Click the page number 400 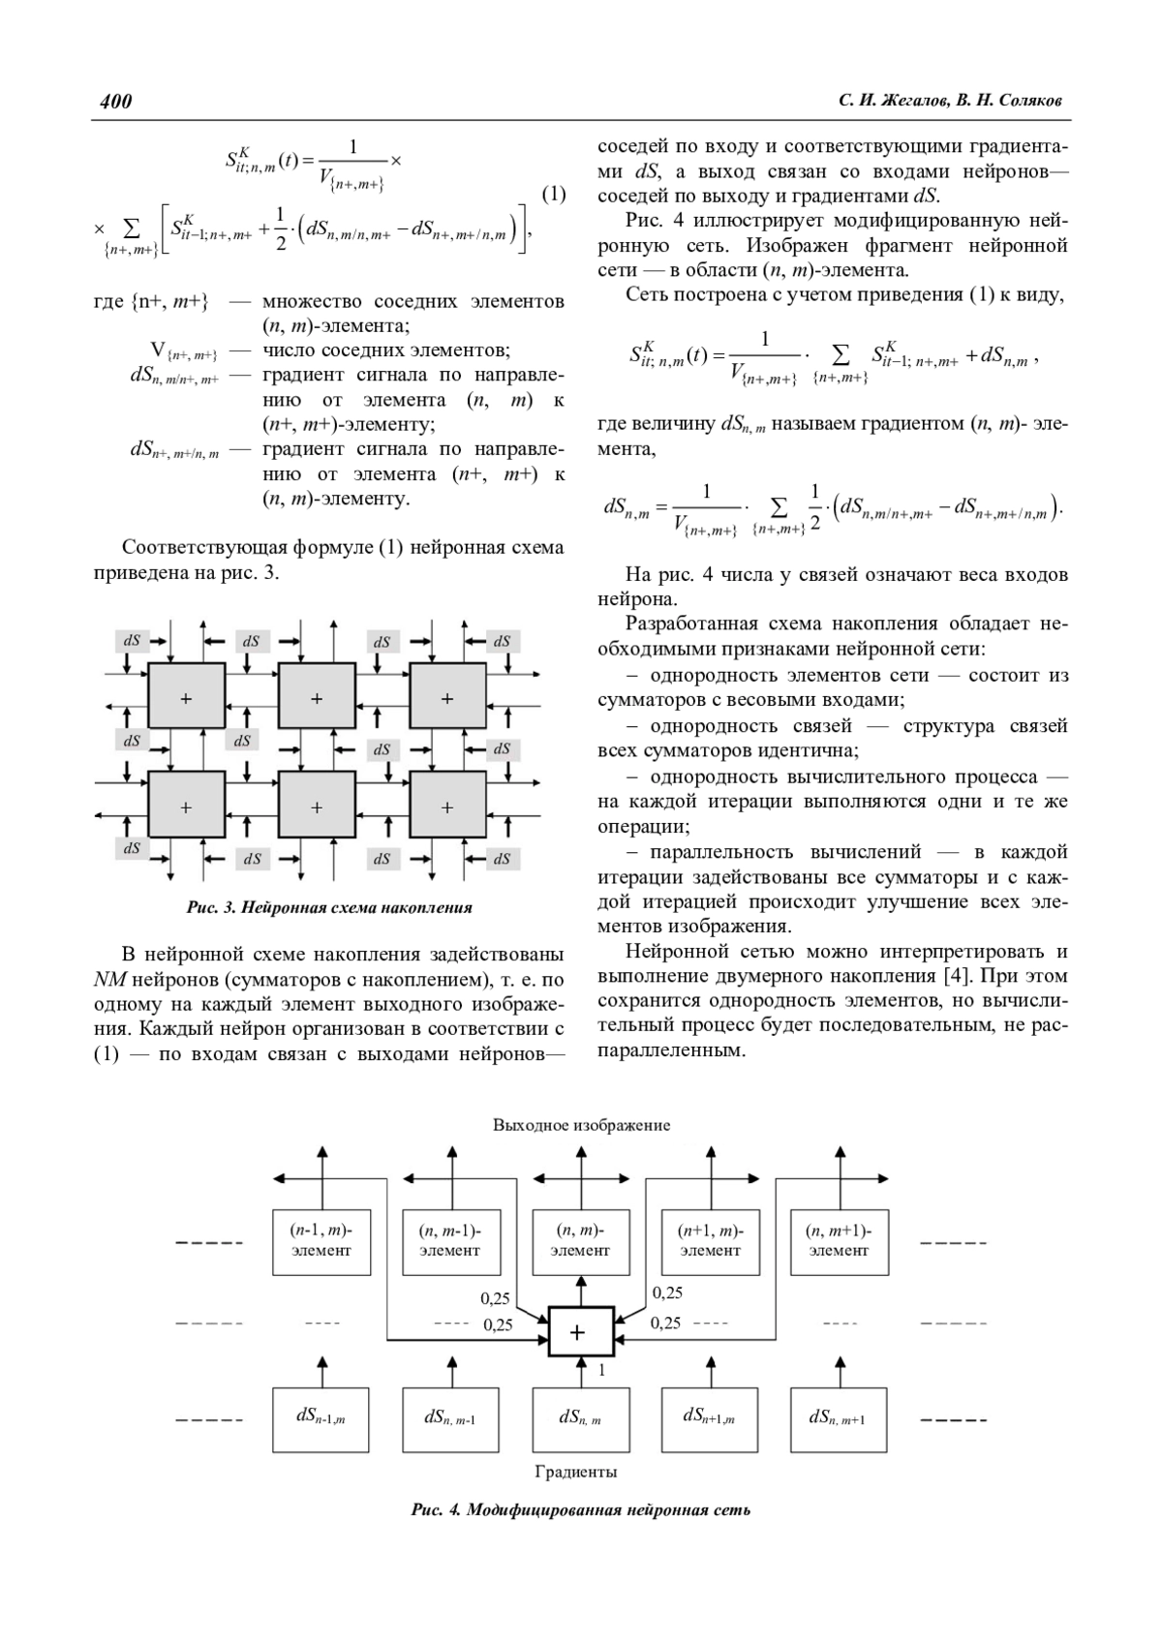coord(115,101)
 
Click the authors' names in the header coord(953,101)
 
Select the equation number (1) coord(553,195)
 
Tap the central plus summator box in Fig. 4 coord(580,1332)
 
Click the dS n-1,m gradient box coord(321,1418)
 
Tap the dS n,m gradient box coord(580,1418)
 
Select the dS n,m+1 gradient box coord(839,1418)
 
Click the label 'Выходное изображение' coord(581,1125)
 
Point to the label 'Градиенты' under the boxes coord(576,1472)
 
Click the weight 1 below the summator coord(601,1370)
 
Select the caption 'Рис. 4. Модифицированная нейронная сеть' coord(581,1509)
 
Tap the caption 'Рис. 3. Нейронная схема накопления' coord(329,907)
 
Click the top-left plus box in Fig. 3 coord(186,697)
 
